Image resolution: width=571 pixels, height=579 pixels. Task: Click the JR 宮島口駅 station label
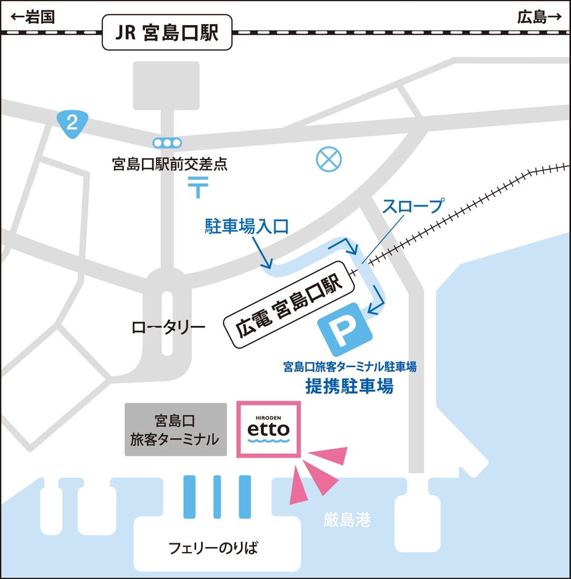[x=168, y=33]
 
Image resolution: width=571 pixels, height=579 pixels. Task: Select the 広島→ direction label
[x=540, y=17]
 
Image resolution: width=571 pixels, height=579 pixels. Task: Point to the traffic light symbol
[x=168, y=143]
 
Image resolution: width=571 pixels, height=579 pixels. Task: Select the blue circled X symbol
[x=328, y=160]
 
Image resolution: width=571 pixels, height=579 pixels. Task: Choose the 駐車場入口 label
[x=247, y=227]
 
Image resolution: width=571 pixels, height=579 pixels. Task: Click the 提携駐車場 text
[x=350, y=387]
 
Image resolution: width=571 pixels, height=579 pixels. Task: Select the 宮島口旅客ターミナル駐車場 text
[x=350, y=368]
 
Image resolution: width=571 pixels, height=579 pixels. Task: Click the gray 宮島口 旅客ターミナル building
[x=175, y=429]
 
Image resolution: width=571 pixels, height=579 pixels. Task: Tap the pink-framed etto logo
[x=268, y=429]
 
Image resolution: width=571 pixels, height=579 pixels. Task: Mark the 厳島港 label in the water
[x=347, y=520]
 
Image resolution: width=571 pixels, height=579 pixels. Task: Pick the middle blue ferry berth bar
[x=217, y=496]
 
